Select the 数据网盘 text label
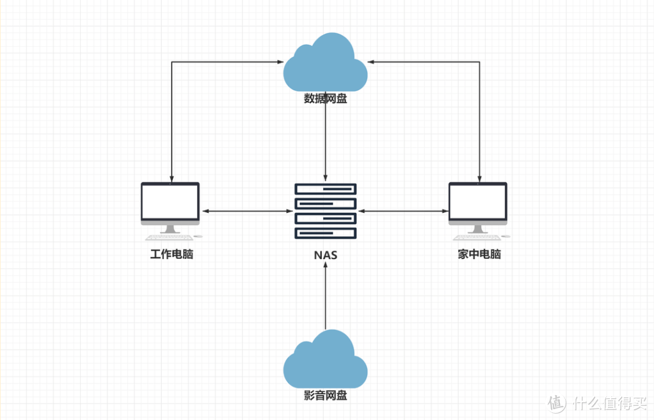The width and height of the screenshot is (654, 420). click(x=325, y=99)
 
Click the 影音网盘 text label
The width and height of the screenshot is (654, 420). click(x=325, y=396)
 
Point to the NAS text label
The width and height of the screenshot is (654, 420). click(x=325, y=255)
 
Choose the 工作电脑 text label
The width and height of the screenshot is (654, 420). click(x=171, y=254)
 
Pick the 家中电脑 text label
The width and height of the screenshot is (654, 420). click(x=479, y=254)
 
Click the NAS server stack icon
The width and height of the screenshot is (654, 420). click(x=325, y=211)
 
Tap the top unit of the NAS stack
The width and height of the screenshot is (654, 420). click(x=325, y=189)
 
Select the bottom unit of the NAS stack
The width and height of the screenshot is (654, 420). click(x=325, y=233)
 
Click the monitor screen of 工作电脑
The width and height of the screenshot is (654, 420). click(x=170, y=202)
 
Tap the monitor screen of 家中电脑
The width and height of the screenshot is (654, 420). click(x=477, y=202)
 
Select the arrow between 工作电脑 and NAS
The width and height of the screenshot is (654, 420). click(x=246, y=211)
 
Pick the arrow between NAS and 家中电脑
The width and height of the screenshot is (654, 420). click(x=403, y=211)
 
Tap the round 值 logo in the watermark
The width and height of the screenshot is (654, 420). click(x=556, y=403)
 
